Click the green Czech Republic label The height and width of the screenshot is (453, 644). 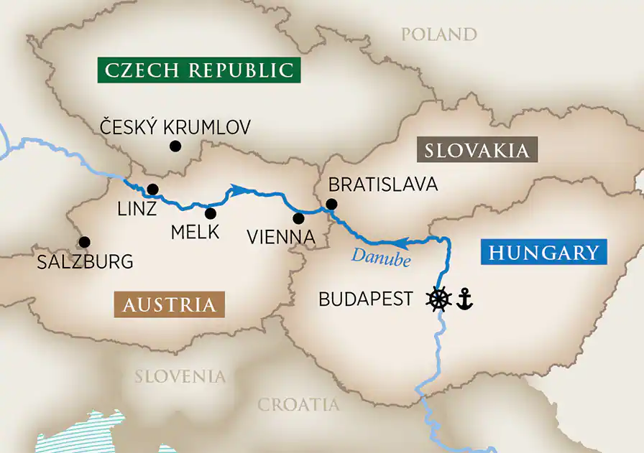pyautogui.click(x=199, y=70)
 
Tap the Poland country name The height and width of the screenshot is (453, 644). pyautogui.click(x=438, y=34)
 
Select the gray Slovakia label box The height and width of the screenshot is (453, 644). pyautogui.click(x=477, y=150)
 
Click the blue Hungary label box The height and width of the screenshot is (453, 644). pyautogui.click(x=543, y=253)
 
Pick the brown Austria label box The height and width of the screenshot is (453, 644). pyautogui.click(x=169, y=304)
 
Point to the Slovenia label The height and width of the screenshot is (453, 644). pyautogui.click(x=180, y=376)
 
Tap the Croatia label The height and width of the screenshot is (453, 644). pyautogui.click(x=298, y=405)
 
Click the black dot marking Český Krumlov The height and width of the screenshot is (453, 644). pyautogui.click(x=174, y=146)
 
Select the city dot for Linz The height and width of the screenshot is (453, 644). pyautogui.click(x=152, y=190)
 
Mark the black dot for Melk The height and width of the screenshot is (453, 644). pyautogui.click(x=211, y=213)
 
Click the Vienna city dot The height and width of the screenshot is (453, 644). pyautogui.click(x=298, y=218)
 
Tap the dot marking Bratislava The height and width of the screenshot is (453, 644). pyautogui.click(x=331, y=204)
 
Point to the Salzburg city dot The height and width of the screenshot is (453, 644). pyautogui.click(x=84, y=242)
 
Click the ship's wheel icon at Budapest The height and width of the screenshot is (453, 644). pyautogui.click(x=438, y=299)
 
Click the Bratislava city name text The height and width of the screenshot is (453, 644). pyautogui.click(x=382, y=185)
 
